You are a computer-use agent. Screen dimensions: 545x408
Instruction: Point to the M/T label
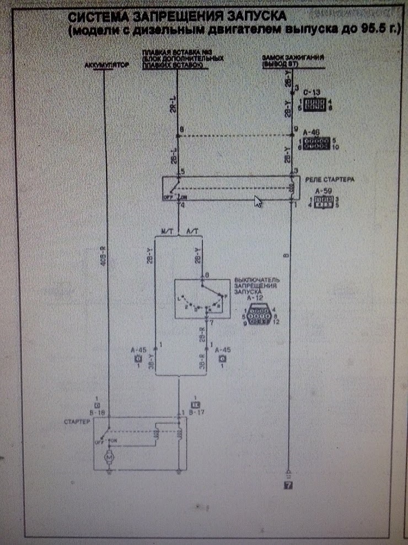(167, 231)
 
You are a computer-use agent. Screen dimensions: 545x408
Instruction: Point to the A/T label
(193, 231)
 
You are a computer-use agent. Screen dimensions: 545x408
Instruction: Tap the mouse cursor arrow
(257, 201)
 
